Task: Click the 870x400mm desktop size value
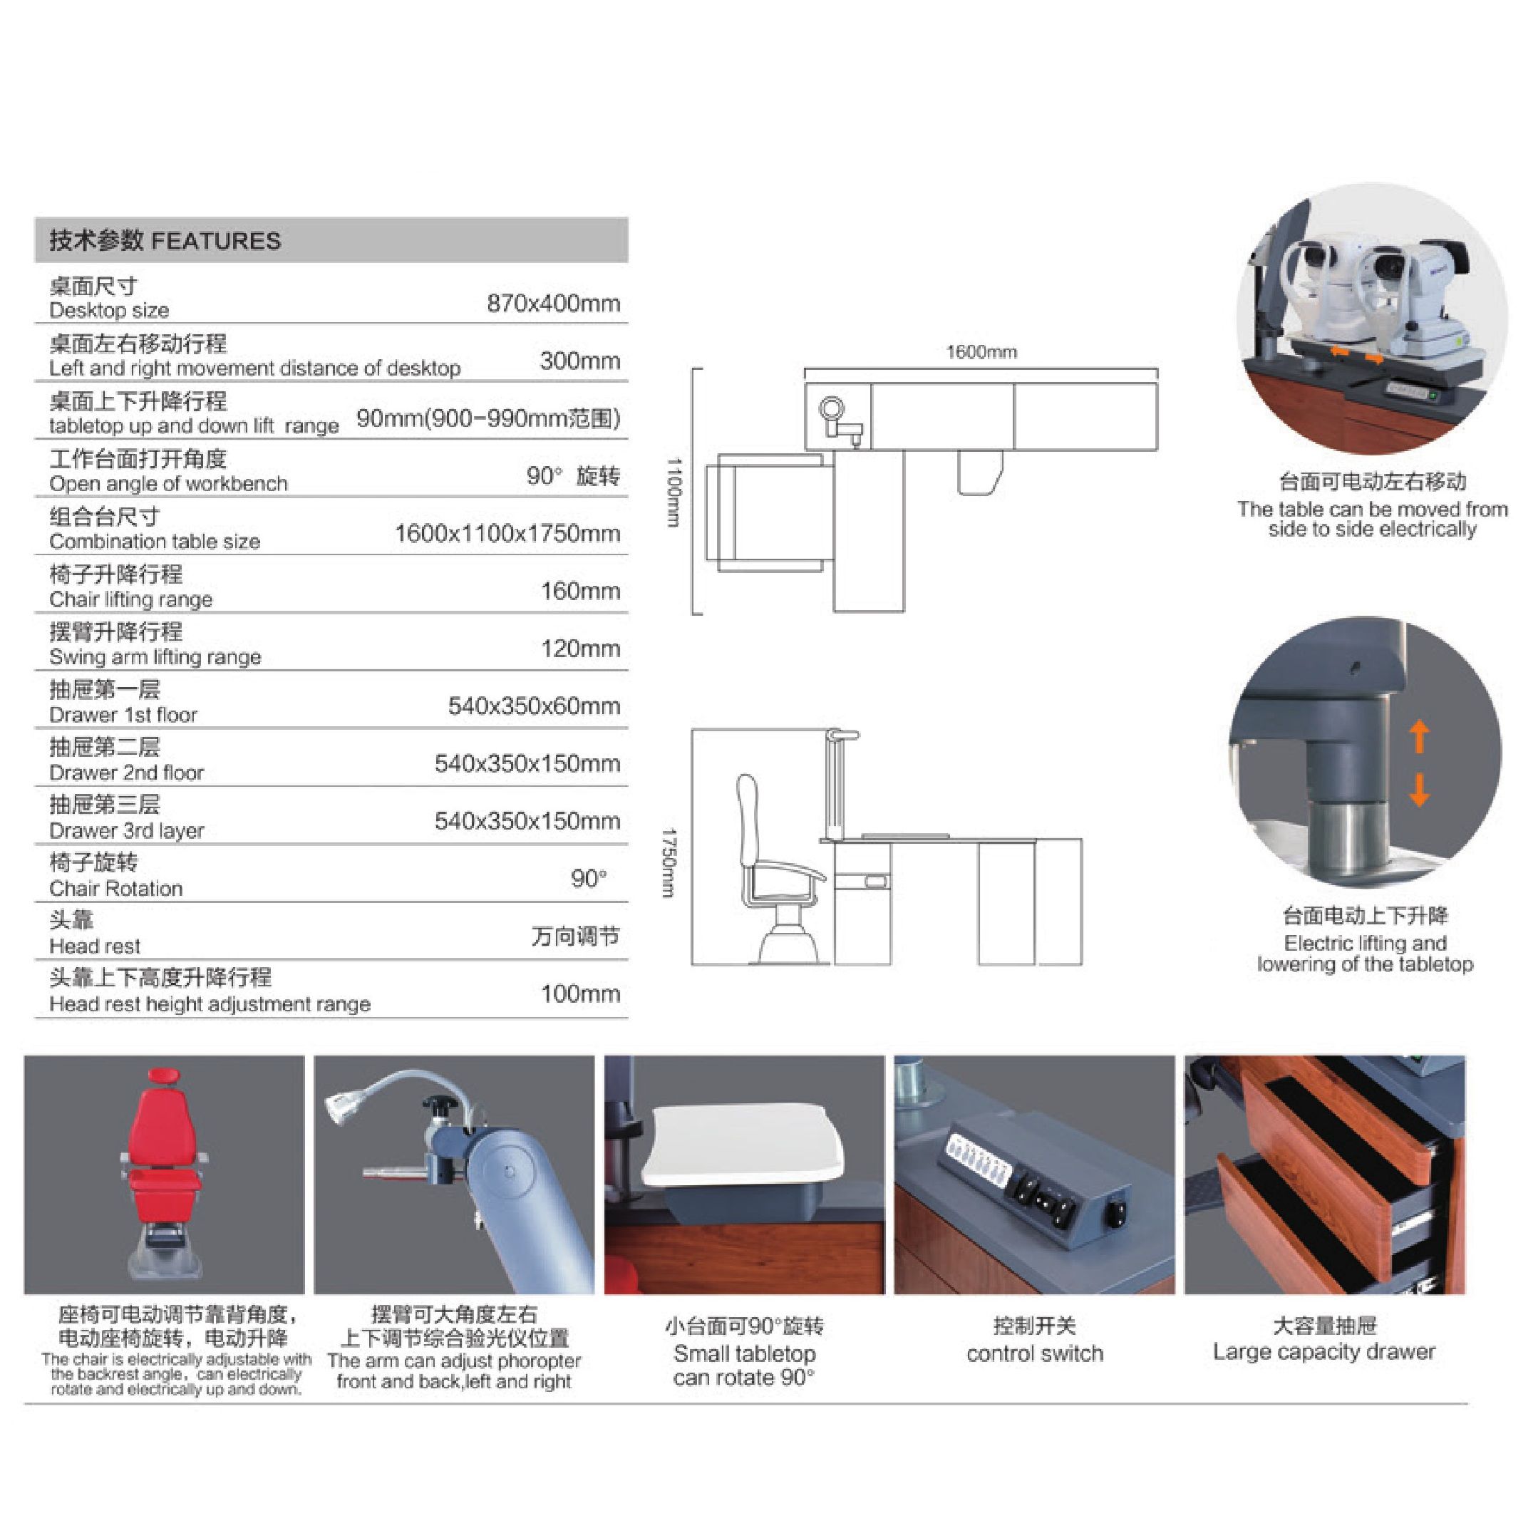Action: click(553, 304)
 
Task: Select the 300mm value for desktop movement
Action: click(579, 361)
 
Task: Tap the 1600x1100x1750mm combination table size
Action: click(507, 533)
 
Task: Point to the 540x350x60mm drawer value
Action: click(533, 706)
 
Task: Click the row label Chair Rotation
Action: click(115, 889)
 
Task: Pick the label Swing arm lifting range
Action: click(155, 657)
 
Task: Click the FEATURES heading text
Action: click(216, 241)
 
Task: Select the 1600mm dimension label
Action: click(981, 352)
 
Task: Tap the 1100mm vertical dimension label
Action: click(673, 491)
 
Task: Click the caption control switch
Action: click(1034, 1353)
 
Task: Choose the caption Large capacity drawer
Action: click(1324, 1352)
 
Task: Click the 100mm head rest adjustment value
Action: click(579, 993)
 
